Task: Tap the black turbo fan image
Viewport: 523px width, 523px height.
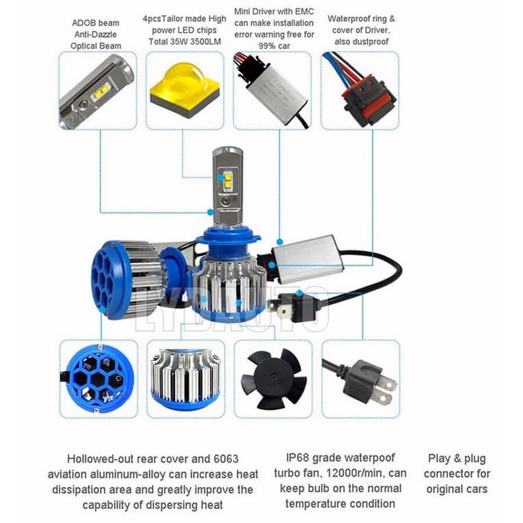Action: (273, 378)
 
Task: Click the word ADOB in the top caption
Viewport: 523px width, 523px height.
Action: (85, 23)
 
